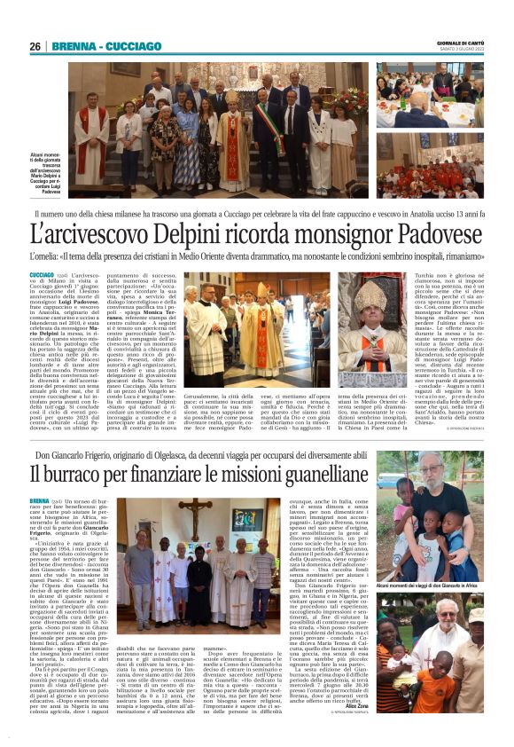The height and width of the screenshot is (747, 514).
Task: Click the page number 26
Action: click(x=35, y=46)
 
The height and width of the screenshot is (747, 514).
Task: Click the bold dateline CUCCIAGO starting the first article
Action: click(x=42, y=278)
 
